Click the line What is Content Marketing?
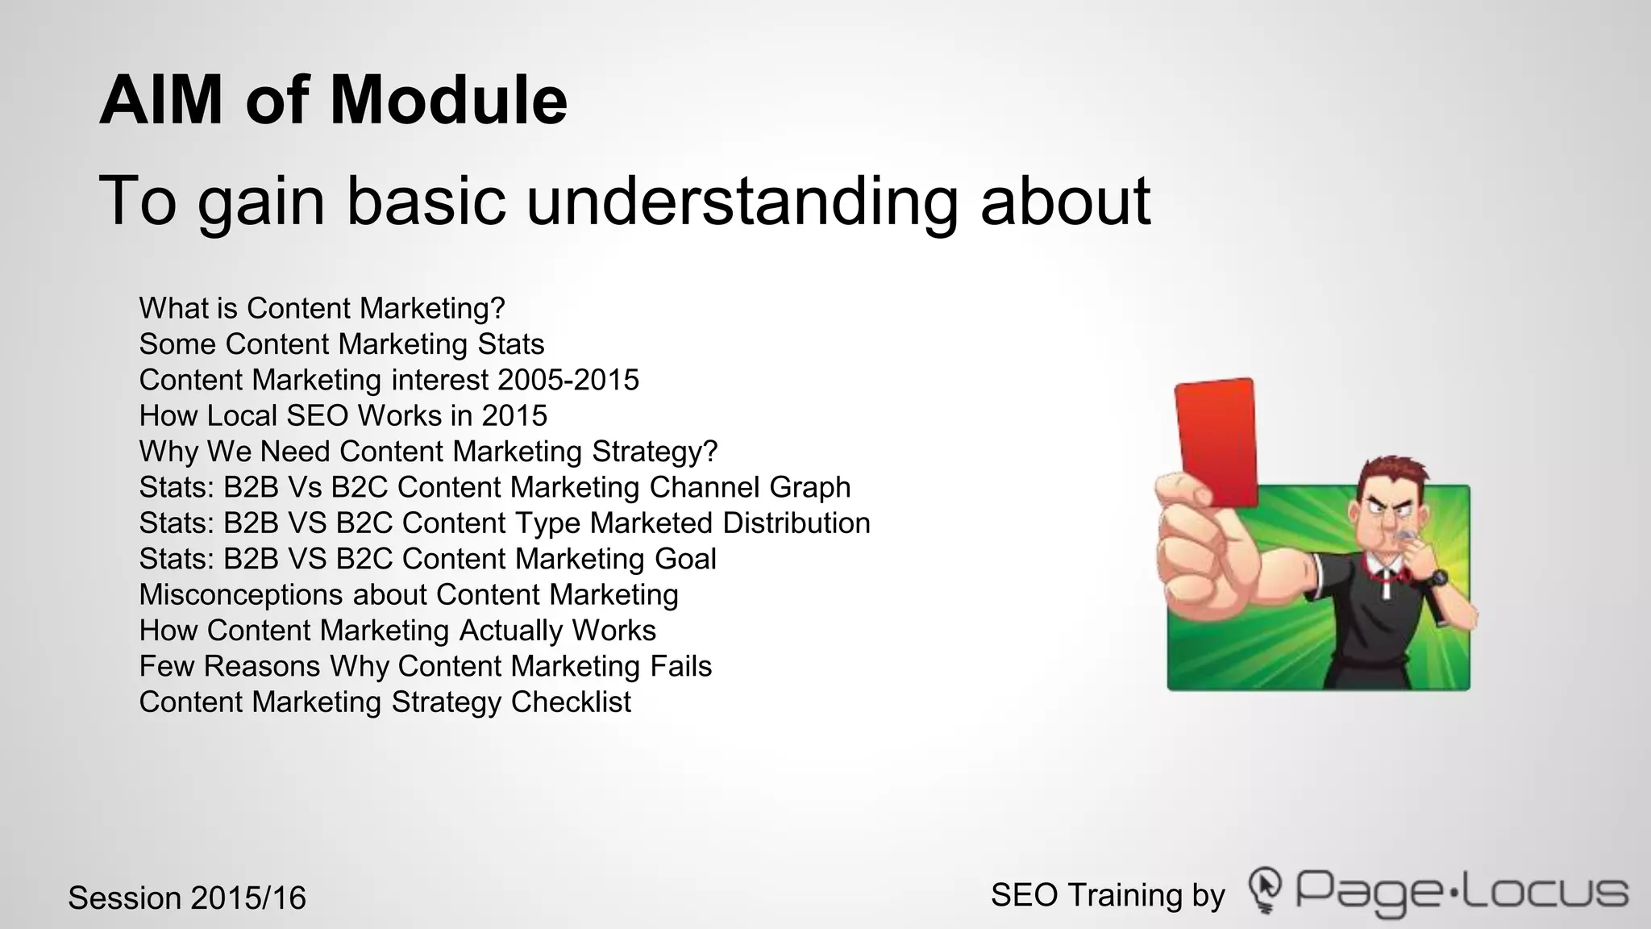pos(322,308)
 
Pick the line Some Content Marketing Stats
pos(341,344)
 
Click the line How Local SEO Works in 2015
pos(343,415)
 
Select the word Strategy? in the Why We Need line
pos(655,452)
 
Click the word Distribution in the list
pos(796,523)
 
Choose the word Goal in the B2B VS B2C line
pos(685,559)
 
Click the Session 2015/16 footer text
pos(187,898)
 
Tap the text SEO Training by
pos(1108,895)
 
